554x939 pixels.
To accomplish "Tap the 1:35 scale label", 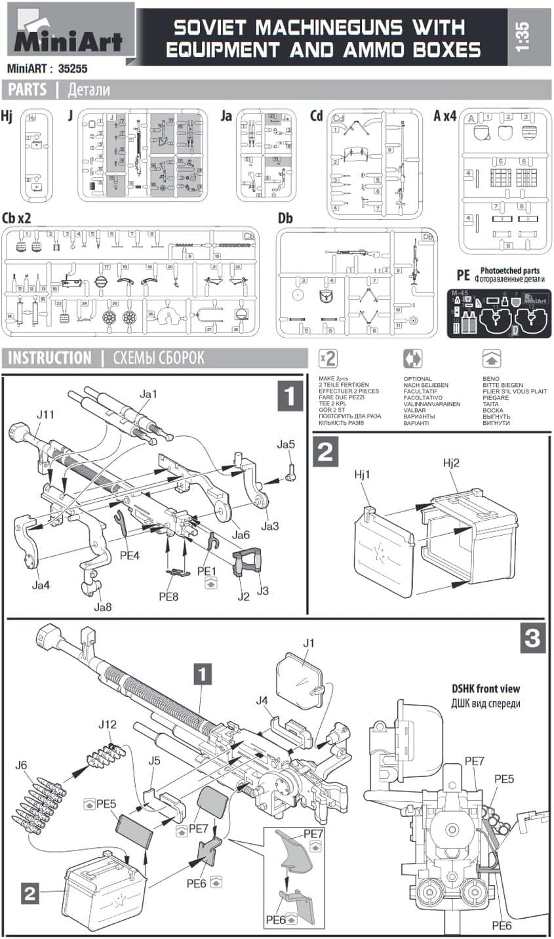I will pos(524,37).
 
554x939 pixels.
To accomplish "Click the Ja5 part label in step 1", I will pos(286,445).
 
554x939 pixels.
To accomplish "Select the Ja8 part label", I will pos(102,607).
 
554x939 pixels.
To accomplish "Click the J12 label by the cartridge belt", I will pos(108,725).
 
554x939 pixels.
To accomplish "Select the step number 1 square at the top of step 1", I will pos(290,397).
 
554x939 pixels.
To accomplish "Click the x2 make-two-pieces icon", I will pos(327,359).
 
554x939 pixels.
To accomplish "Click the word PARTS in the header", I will pos(27,90).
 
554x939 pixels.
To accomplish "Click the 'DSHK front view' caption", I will pos(486,689).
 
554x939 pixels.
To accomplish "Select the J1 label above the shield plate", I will pos(309,643).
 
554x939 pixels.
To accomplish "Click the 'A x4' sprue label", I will pos(445,116).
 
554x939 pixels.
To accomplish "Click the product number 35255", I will pos(73,68).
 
